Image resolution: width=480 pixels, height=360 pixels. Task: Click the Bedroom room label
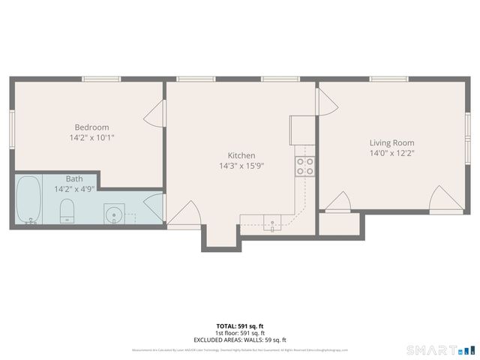pos(91,127)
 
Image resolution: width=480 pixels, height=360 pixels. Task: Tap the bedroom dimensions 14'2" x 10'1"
pos(91,138)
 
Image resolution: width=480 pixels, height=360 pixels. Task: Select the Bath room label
pos(74,178)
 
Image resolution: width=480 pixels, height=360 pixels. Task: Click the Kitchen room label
pos(241,155)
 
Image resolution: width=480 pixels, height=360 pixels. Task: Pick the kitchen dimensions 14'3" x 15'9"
pos(241,166)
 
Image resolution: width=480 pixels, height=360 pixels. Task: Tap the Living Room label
pos(391,142)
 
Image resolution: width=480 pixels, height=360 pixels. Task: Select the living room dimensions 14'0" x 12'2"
pos(391,154)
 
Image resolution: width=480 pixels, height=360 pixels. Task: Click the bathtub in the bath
pos(29,200)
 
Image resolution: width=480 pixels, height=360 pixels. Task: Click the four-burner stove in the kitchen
pos(304,166)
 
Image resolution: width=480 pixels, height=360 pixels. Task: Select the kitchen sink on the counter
pos(272,220)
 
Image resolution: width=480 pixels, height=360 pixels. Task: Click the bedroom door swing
pos(154,115)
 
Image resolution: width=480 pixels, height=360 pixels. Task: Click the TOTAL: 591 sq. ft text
pos(240,326)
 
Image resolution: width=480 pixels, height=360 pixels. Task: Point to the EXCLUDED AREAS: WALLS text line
pos(240,340)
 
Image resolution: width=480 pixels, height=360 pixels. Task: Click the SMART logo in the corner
pos(441,349)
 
